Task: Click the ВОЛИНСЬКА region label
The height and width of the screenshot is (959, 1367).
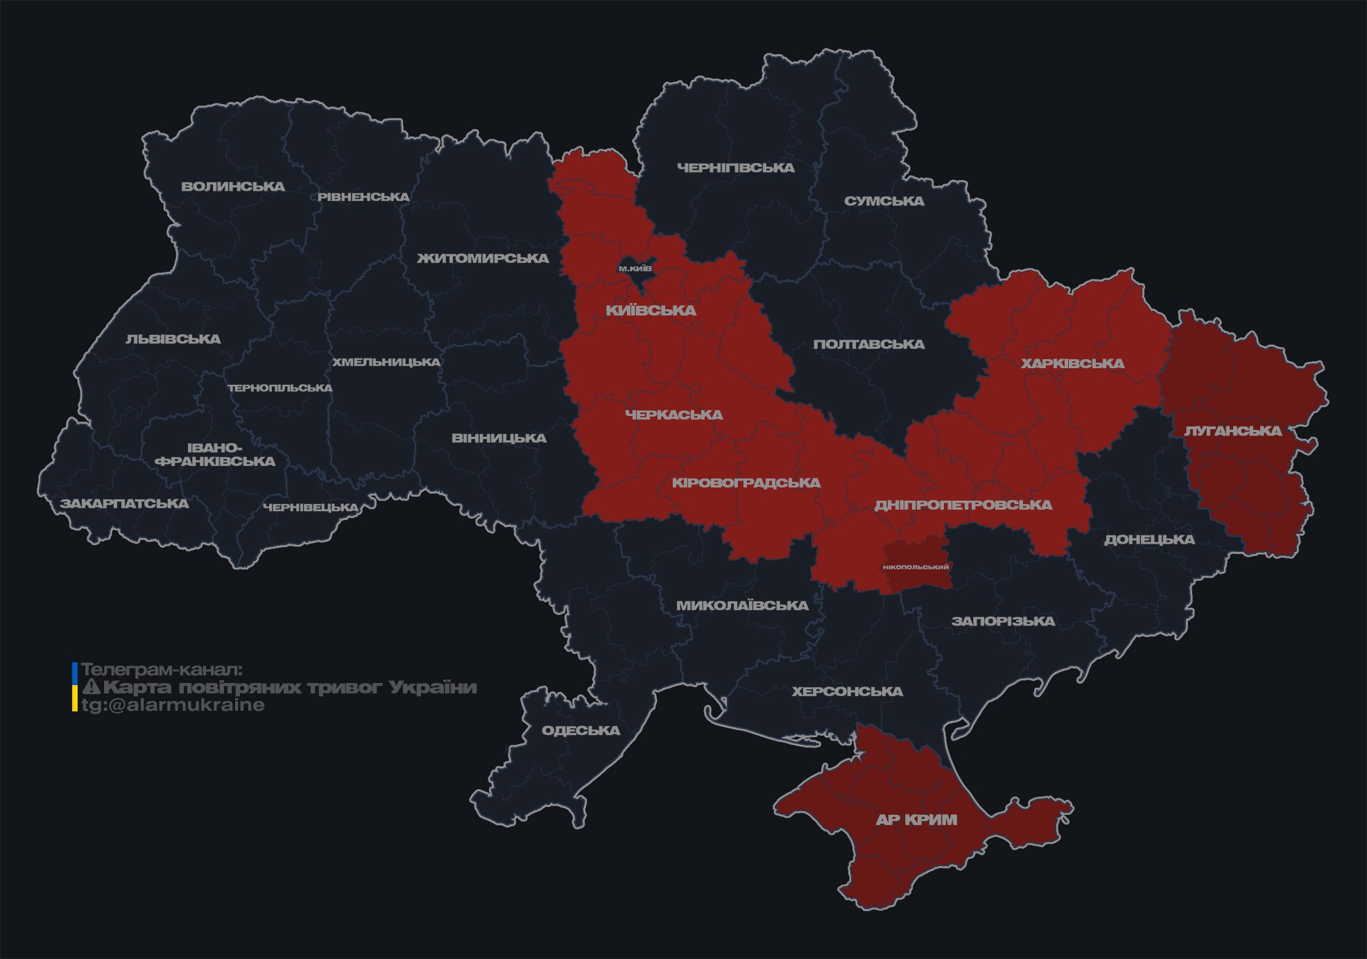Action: [x=233, y=187]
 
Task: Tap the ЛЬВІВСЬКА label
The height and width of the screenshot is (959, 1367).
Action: [x=173, y=339]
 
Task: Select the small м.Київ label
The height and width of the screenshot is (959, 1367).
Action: [x=635, y=268]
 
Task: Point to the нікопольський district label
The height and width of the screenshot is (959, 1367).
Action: [x=915, y=567]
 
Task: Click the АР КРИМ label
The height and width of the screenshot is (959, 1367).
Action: [x=916, y=820]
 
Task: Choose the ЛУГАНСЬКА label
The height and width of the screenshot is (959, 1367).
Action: [x=1232, y=431]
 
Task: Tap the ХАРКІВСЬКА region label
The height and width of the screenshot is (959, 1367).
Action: [x=1072, y=363]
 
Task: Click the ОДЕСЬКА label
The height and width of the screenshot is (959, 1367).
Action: [x=581, y=730]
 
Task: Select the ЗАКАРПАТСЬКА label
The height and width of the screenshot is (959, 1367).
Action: [x=124, y=503]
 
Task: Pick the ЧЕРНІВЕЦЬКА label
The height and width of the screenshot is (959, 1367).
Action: [x=311, y=508]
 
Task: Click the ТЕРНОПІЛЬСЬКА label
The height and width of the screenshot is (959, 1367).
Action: [x=280, y=388]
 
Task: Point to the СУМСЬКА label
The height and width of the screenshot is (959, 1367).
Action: [x=884, y=201]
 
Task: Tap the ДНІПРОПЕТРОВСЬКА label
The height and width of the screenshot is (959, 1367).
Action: [x=963, y=505]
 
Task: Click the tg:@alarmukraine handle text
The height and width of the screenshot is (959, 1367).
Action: [x=173, y=705]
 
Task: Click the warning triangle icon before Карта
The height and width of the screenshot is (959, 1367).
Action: [x=91, y=687]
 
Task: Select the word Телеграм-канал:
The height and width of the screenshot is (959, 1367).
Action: [x=162, y=670]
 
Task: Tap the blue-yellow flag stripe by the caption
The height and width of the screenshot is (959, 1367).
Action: [x=75, y=687]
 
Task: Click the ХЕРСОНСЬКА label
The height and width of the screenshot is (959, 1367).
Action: [x=847, y=691]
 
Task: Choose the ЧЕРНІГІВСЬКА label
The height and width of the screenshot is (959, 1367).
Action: [x=735, y=168]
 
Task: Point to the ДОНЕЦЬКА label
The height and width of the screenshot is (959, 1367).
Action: [x=1149, y=539]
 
